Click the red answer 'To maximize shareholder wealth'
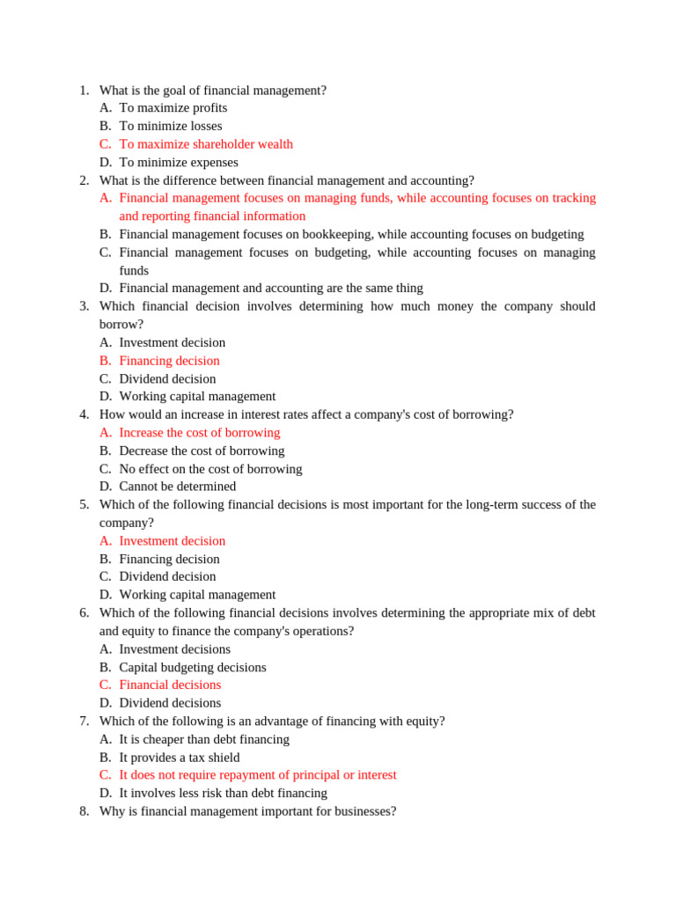pyautogui.click(x=206, y=144)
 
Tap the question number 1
pyautogui.click(x=84, y=91)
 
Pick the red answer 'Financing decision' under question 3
pyautogui.click(x=169, y=361)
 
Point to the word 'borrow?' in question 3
pyautogui.click(x=121, y=325)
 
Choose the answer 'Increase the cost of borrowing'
pyautogui.click(x=199, y=433)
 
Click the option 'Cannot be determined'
pyautogui.click(x=178, y=487)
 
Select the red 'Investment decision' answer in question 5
pyautogui.click(x=172, y=541)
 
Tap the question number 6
pyautogui.click(x=84, y=613)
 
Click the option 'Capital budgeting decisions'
pyautogui.click(x=192, y=668)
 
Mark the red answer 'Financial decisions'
pyautogui.click(x=170, y=685)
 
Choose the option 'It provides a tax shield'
pyautogui.click(x=179, y=758)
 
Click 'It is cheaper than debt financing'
pyautogui.click(x=204, y=740)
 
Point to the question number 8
pyautogui.click(x=84, y=811)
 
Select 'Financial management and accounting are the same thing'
pyautogui.click(x=271, y=289)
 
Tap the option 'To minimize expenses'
pyautogui.click(x=179, y=163)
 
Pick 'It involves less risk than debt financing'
pyautogui.click(x=223, y=794)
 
